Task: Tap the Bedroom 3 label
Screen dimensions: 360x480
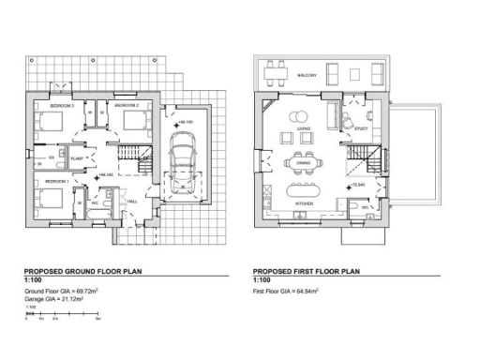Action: point(47,107)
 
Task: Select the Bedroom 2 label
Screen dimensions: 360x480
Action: point(127,107)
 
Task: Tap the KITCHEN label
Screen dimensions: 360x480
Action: point(305,204)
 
